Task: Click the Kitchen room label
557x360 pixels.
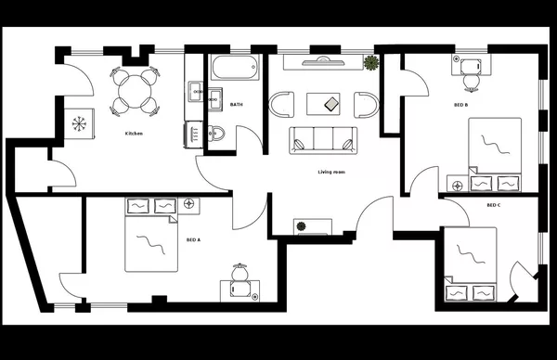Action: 134,135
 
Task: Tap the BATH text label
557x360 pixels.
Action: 237,105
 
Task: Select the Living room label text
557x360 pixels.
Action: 331,172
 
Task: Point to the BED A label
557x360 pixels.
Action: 193,239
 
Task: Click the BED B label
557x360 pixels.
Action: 460,105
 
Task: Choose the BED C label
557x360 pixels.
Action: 493,205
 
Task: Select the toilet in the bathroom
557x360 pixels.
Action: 215,134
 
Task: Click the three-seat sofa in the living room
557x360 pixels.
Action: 322,140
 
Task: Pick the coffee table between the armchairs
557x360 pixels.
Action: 330,102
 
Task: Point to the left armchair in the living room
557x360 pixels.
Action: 280,102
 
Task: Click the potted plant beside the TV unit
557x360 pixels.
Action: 372,64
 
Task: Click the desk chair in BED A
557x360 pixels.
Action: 239,274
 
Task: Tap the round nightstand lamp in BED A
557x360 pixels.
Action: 189,202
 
